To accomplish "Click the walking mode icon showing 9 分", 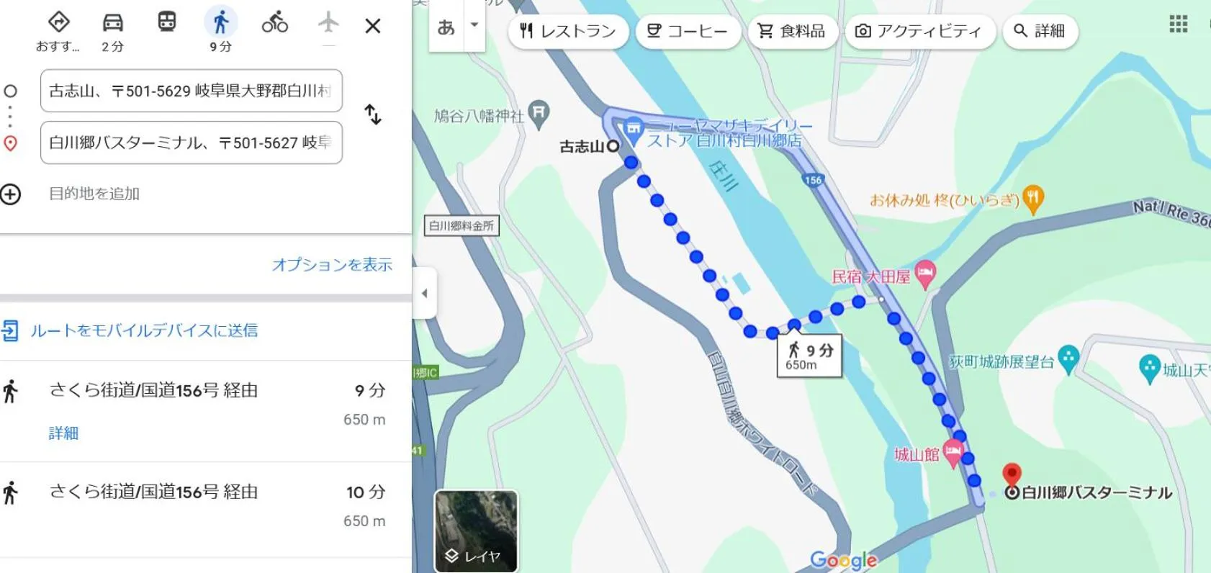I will point(220,24).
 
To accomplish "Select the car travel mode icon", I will point(112,24).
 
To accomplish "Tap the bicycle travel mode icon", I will point(274,24).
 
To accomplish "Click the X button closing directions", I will point(372,27).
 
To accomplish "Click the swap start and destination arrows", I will point(372,114).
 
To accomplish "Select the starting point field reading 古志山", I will point(191,91).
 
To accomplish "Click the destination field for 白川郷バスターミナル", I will point(191,143).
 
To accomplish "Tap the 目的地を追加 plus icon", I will point(11,194).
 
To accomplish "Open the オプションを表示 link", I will point(332,265).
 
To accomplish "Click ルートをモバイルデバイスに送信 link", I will point(144,330).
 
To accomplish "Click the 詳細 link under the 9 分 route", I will point(63,433).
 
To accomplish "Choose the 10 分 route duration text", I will point(366,492).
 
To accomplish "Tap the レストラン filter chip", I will point(568,31).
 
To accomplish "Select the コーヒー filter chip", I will point(688,31).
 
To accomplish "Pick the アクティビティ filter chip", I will point(919,31).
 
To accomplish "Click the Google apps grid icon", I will point(1178,24).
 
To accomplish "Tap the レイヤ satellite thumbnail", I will point(476,531).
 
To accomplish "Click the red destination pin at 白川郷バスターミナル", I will point(1012,474).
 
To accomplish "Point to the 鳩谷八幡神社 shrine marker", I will point(539,112).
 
